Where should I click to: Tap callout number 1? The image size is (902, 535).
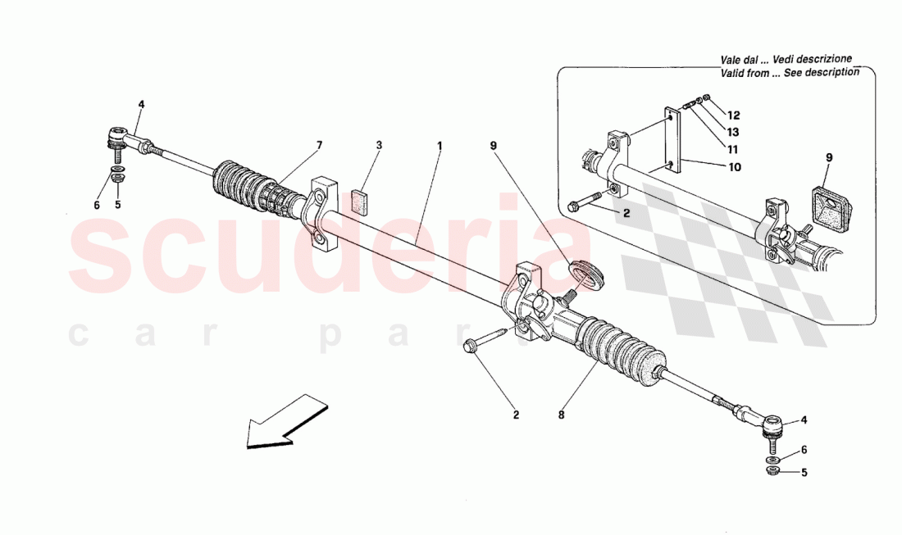click(440, 146)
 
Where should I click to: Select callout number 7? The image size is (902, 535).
click(319, 146)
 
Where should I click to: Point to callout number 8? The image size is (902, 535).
click(562, 415)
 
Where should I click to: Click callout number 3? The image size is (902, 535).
click(379, 146)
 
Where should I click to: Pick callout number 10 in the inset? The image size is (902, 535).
click(735, 167)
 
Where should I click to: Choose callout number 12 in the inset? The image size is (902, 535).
click(733, 115)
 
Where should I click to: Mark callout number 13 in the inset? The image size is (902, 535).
click(733, 132)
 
